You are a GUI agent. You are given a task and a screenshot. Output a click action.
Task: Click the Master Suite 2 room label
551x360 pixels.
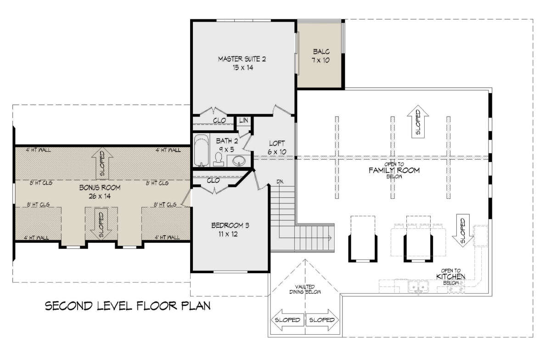click(242, 63)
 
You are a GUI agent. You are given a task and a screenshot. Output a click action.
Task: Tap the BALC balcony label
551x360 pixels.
click(321, 56)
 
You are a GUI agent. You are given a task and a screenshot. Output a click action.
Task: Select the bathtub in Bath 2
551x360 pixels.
click(202, 150)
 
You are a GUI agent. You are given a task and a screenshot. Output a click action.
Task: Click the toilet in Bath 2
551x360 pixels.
click(219, 159)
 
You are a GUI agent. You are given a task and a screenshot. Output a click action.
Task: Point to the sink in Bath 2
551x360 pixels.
click(239, 161)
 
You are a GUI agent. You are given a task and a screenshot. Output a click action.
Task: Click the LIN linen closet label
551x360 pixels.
click(243, 120)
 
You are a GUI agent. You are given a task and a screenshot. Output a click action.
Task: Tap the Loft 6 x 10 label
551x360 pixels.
click(277, 147)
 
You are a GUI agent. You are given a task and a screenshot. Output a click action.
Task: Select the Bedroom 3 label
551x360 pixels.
click(230, 229)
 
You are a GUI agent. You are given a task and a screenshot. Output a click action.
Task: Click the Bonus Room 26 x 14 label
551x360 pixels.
click(100, 192)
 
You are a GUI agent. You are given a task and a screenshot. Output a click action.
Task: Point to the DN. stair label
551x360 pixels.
click(280, 182)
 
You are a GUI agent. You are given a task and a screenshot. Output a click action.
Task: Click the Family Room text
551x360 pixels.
click(394, 170)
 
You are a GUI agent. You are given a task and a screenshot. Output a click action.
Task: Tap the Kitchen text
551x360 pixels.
click(450, 276)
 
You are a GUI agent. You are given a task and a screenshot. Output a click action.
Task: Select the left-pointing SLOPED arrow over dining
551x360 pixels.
click(287, 320)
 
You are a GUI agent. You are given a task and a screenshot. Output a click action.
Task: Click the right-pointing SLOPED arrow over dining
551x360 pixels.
click(322, 320)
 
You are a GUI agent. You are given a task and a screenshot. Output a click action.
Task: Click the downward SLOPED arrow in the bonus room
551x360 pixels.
click(101, 223)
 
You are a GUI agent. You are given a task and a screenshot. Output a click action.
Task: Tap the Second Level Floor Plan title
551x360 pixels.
click(128, 306)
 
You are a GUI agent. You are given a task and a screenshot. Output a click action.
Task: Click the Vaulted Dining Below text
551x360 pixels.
click(305, 289)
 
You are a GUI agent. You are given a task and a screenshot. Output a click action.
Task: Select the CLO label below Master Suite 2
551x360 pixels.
click(219, 121)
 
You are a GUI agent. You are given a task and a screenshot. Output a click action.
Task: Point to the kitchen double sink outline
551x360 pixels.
click(418, 287)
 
